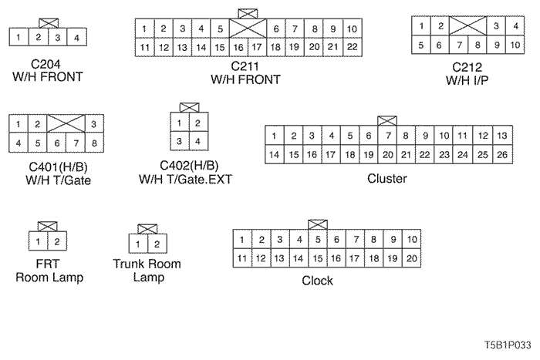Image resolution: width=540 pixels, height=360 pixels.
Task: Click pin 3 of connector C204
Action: click(x=56, y=36)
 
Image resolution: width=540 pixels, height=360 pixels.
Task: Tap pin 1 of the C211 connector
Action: click(x=145, y=29)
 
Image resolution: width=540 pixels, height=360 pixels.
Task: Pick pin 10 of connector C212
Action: click(x=514, y=45)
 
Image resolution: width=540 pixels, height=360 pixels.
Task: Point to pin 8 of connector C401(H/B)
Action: click(x=93, y=143)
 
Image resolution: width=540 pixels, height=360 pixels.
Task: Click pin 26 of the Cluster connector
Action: click(x=501, y=155)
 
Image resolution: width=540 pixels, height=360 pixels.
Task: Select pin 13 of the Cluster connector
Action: click(x=501, y=136)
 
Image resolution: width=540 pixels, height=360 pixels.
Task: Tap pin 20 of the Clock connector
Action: click(x=412, y=258)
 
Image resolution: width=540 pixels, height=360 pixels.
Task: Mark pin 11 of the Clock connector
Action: click(x=242, y=258)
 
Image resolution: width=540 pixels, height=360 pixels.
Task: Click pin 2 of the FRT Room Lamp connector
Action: click(x=56, y=243)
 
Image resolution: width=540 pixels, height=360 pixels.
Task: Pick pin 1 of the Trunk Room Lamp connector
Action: click(x=137, y=244)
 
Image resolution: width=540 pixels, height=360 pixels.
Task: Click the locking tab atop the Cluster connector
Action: click(x=387, y=120)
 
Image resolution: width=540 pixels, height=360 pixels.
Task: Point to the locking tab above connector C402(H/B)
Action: click(x=187, y=107)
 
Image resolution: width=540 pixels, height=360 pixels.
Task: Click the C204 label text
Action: click(x=46, y=64)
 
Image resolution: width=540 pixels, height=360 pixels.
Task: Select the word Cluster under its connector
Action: click(x=387, y=179)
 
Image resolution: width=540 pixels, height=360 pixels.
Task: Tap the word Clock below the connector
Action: click(x=317, y=281)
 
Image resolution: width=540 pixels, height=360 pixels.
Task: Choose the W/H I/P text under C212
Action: click(x=467, y=79)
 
